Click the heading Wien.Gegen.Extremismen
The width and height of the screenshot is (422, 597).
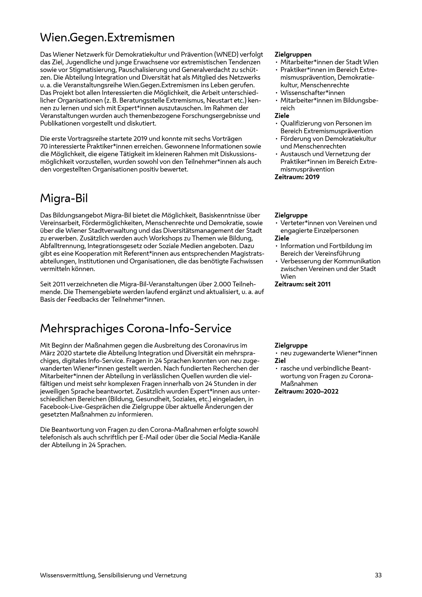(x=107, y=38)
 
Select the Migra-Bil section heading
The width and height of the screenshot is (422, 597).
(x=64, y=199)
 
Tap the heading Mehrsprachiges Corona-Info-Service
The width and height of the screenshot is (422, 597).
(x=136, y=329)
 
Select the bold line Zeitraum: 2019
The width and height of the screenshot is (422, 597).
(x=297, y=177)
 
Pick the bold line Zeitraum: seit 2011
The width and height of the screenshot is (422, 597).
(x=303, y=284)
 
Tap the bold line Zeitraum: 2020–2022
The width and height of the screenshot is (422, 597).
(x=306, y=392)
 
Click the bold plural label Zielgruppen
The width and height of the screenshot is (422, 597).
(x=293, y=55)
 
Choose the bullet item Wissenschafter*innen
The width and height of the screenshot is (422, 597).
(x=313, y=93)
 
